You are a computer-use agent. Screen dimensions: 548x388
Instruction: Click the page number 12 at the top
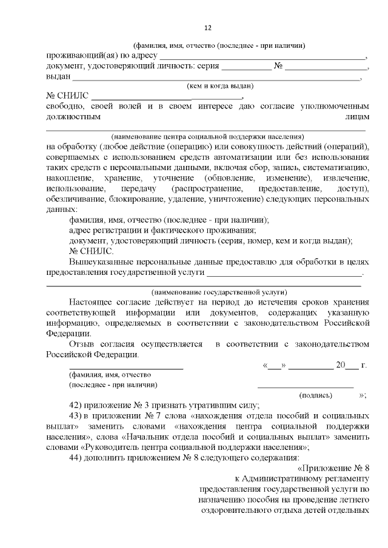pos(207,28)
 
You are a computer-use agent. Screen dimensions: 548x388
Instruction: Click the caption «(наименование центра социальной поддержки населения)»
pos(207,137)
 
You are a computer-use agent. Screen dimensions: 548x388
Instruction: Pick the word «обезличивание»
pos(73,198)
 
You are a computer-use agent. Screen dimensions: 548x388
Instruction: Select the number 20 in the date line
pos(344,365)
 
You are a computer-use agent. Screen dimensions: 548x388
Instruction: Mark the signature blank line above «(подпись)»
pos(306,385)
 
